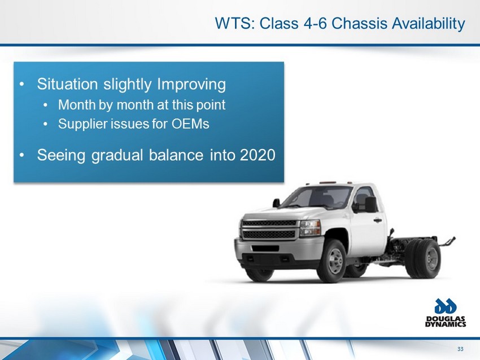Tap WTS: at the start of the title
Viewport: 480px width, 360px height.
(x=235, y=23)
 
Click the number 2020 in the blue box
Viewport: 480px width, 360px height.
(x=258, y=155)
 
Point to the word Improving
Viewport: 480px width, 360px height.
(x=191, y=85)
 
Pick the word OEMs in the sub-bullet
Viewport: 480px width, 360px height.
(x=190, y=124)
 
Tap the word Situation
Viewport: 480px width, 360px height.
(x=67, y=84)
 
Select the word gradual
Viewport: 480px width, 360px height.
(x=117, y=155)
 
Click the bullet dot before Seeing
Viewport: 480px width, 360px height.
(x=21, y=155)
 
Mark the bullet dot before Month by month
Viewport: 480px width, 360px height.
(x=46, y=106)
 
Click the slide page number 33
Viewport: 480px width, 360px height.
(x=460, y=349)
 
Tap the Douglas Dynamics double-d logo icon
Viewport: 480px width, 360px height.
(x=446, y=306)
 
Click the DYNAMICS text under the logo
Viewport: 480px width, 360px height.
(x=446, y=324)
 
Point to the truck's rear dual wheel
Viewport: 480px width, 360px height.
(x=425, y=259)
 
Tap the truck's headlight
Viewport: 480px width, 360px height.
(x=311, y=228)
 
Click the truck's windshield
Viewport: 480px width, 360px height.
(x=316, y=197)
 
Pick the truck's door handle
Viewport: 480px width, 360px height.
(x=377, y=219)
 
